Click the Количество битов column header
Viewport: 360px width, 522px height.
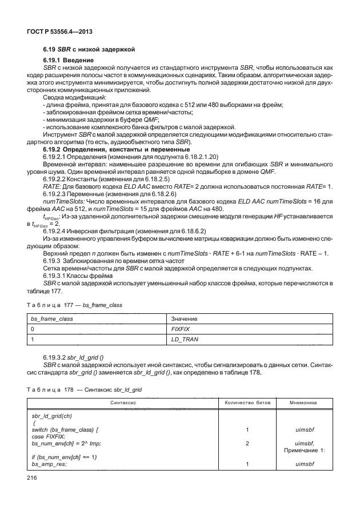[x=246, y=403]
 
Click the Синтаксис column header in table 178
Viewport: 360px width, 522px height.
[x=123, y=403]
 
